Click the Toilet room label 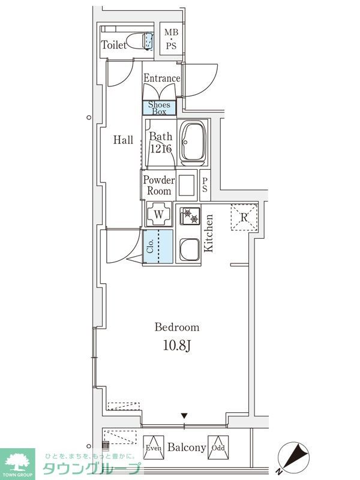click(113, 45)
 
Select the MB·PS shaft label click(171, 39)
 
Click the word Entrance click(162, 78)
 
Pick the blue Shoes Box click(159, 108)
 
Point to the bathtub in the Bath click(193, 143)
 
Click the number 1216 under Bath click(161, 149)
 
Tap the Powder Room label click(159, 185)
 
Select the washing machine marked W click(158, 214)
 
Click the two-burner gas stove click(190, 216)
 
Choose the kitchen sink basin click(190, 249)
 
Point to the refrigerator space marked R click(244, 217)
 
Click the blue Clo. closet click(158, 247)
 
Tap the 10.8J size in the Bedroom click(177, 346)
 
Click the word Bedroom click(177, 327)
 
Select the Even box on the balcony click(154, 448)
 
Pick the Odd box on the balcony click(218, 448)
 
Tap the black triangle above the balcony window click(184, 416)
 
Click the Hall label click(123, 140)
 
